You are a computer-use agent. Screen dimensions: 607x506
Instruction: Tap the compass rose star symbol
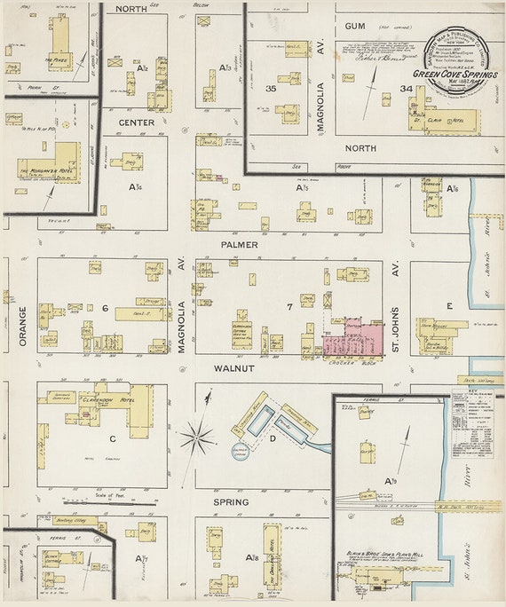[197, 436]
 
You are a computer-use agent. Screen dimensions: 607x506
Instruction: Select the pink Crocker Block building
[353, 337]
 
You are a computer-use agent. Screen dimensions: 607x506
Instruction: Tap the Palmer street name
[241, 244]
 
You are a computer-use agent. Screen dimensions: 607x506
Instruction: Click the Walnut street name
[234, 367]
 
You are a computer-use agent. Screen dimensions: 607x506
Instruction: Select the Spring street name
[231, 501]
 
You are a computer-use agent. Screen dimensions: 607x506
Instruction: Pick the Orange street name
[22, 327]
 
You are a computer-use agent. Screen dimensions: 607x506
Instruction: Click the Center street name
[137, 122]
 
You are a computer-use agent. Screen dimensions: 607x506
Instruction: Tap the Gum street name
[355, 26]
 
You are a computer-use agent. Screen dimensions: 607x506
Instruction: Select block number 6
[104, 308]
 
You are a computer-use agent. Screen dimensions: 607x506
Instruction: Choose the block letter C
[113, 438]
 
